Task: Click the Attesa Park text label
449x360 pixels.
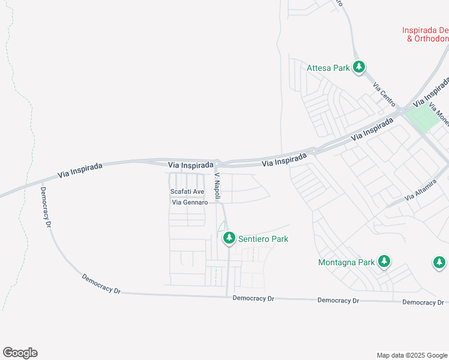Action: (328, 68)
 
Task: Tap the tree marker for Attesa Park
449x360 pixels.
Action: (359, 67)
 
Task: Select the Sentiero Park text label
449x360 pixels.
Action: (263, 239)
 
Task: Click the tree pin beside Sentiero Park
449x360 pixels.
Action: (229, 238)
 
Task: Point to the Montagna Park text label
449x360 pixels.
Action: (346, 262)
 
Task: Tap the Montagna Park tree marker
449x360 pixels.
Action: (384, 262)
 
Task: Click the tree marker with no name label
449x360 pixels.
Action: (439, 262)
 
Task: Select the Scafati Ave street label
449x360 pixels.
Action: (187, 192)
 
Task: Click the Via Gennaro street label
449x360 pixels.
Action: (190, 203)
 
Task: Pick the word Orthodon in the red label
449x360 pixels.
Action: (427, 39)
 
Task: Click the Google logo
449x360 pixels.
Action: (20, 353)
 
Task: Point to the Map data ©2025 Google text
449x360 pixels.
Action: (412, 355)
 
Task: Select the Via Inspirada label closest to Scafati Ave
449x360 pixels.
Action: (191, 164)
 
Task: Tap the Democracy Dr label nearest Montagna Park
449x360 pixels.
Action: (338, 300)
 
